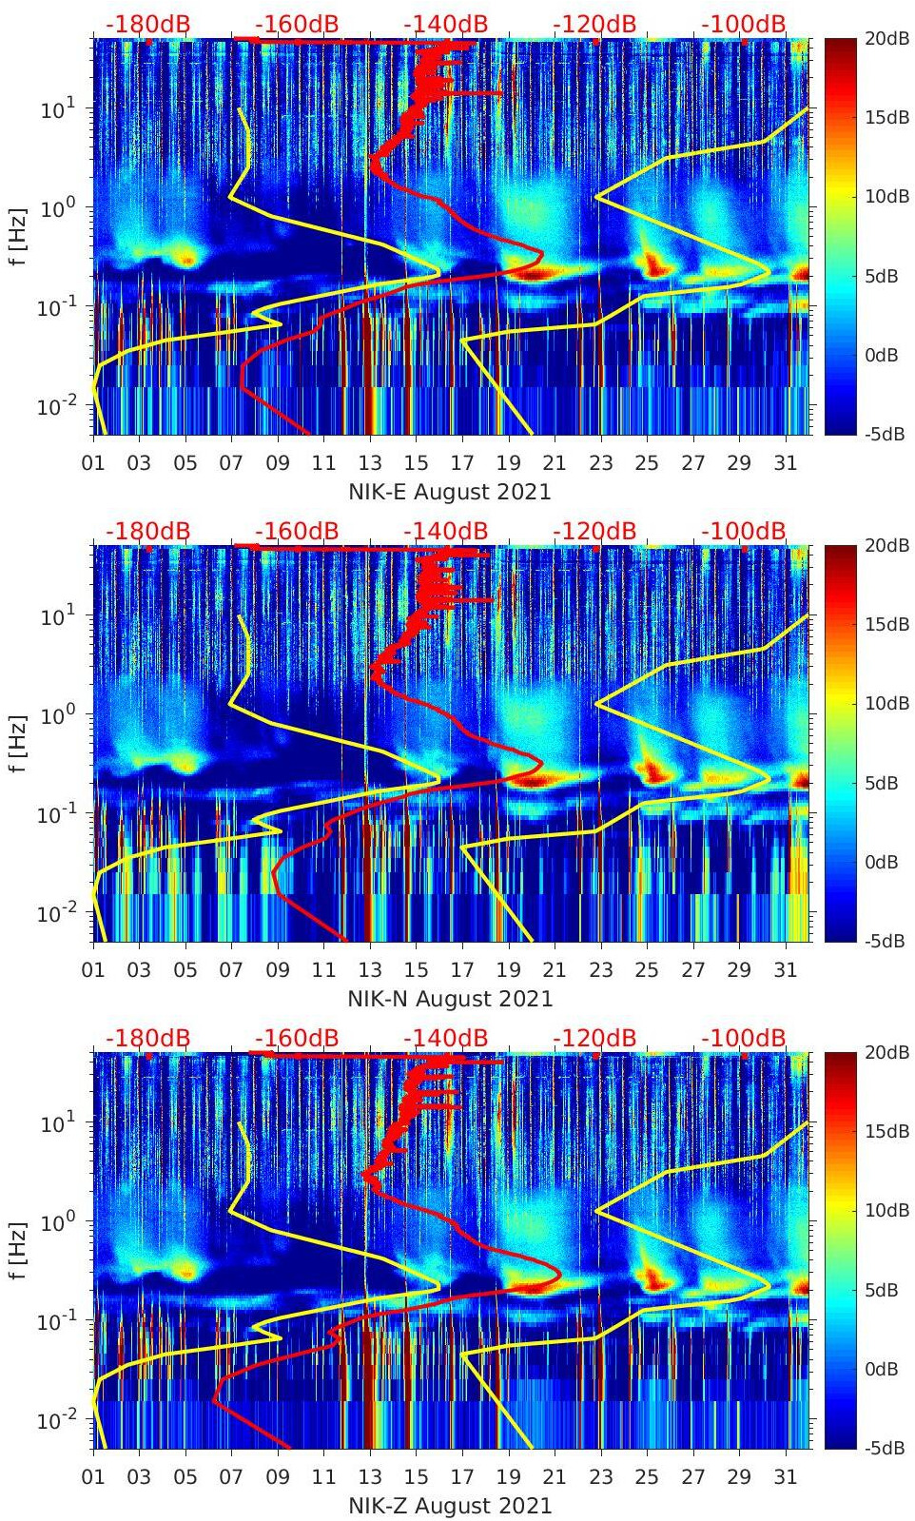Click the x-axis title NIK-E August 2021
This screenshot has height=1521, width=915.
pyautogui.click(x=450, y=492)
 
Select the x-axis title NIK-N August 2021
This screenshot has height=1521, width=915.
pyautogui.click(x=450, y=999)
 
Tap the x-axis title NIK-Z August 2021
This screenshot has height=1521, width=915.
pyautogui.click(x=450, y=1506)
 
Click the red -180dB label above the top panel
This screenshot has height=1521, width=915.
pyautogui.click(x=147, y=24)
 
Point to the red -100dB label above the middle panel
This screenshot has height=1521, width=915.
pyautogui.click(x=744, y=531)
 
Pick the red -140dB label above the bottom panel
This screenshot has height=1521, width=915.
pyautogui.click(x=445, y=1038)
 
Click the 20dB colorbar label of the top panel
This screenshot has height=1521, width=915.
pyautogui.click(x=886, y=38)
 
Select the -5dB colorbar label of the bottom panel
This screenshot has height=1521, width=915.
pyautogui.click(x=885, y=1448)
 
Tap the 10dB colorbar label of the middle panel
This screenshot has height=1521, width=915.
pyautogui.click(x=886, y=703)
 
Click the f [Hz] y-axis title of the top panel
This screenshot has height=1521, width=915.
pyautogui.click(x=17, y=236)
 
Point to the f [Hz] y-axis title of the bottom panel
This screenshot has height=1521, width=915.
pyautogui.click(x=17, y=1250)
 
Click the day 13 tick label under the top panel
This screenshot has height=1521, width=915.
pyautogui.click(x=369, y=463)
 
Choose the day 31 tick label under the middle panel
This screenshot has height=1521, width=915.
pyautogui.click(x=785, y=970)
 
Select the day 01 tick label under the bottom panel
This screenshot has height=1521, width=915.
pyautogui.click(x=93, y=1477)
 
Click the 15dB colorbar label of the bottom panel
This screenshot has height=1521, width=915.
pyautogui.click(x=886, y=1131)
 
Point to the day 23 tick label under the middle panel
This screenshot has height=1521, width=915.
pyautogui.click(x=600, y=970)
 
